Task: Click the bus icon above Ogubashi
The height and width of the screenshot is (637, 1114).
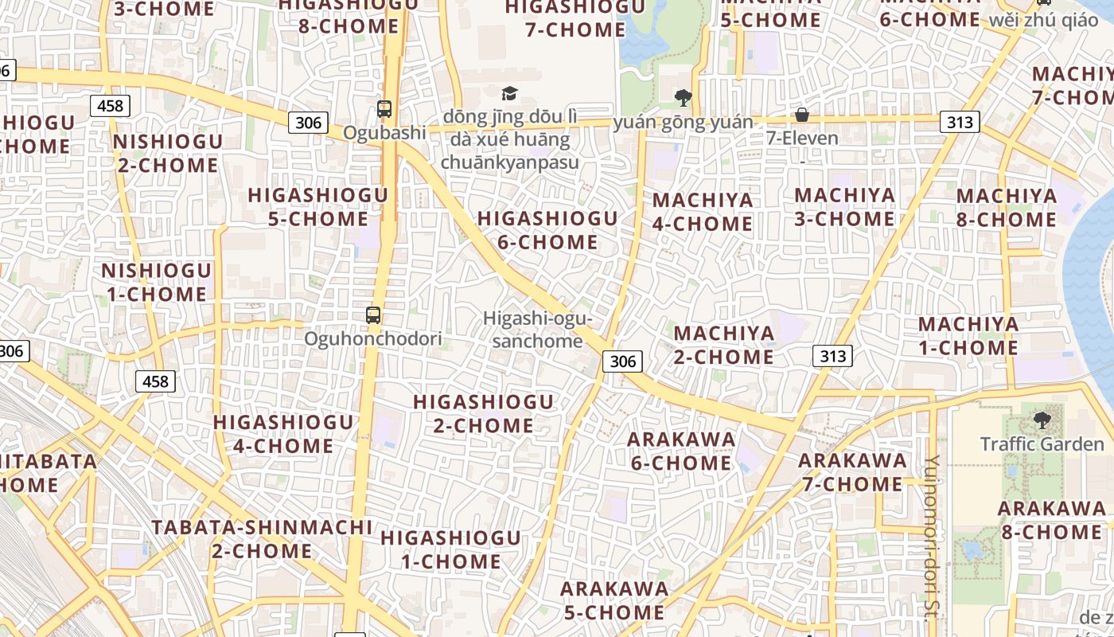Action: click(x=384, y=109)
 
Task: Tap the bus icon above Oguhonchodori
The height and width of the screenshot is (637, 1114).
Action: click(x=373, y=315)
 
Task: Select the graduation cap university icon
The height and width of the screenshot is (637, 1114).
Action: click(x=509, y=94)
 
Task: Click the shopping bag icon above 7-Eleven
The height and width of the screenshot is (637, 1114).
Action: click(x=802, y=115)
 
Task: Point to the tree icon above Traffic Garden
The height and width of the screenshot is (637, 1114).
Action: click(x=1042, y=420)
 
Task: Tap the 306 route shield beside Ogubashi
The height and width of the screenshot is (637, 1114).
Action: click(x=308, y=122)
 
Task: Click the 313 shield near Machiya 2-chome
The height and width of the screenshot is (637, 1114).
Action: click(x=832, y=356)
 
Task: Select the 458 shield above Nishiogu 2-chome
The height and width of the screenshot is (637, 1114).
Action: click(x=110, y=105)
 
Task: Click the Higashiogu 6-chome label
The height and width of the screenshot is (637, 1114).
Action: click(x=547, y=230)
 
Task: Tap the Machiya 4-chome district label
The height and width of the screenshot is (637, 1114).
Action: click(x=703, y=212)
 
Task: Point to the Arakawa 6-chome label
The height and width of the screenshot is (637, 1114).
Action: click(x=681, y=451)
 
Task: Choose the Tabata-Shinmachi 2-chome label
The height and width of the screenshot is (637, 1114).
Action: click(x=262, y=538)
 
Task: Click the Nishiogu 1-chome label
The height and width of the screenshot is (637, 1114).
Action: click(x=156, y=282)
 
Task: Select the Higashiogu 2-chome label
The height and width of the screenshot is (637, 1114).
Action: click(x=483, y=413)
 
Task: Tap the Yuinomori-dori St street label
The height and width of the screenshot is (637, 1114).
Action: click(x=933, y=537)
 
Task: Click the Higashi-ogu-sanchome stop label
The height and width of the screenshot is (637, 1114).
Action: click(x=538, y=330)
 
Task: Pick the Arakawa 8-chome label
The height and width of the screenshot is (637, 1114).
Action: click(x=1052, y=520)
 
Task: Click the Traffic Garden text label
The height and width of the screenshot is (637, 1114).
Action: click(x=1042, y=444)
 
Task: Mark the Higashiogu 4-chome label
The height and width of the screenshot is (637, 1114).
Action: click(x=283, y=434)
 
